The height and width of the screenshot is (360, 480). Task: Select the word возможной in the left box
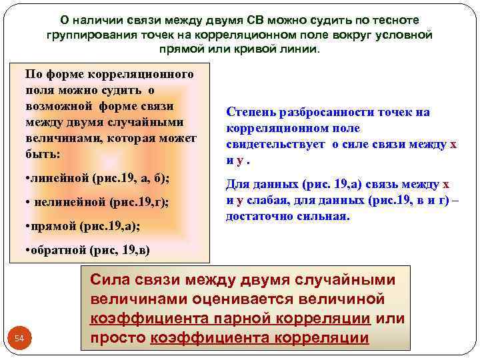(61, 106)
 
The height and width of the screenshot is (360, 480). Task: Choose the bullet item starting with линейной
(97, 179)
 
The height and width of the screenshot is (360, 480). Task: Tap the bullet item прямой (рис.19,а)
(82, 226)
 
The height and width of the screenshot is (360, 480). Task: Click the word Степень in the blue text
(253, 112)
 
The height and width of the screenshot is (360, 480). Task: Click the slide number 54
(19, 339)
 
